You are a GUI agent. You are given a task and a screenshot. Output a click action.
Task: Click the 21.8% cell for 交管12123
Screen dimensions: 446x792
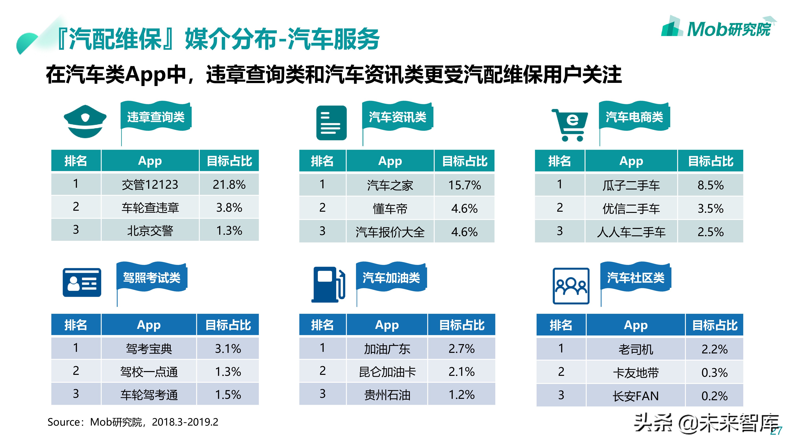pos(229,184)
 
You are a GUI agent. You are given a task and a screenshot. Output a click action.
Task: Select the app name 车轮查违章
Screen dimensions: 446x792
pos(150,208)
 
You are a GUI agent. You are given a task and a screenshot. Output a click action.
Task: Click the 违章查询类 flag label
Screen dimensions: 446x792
pos(156,117)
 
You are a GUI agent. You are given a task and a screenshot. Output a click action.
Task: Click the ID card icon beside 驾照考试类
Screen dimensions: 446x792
pos(82,282)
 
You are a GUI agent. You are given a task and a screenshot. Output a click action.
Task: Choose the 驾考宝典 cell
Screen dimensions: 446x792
pos(149,349)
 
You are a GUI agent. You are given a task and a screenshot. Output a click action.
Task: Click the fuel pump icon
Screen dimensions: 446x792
pos(328,284)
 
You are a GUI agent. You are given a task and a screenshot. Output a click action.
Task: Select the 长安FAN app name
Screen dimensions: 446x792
pos(636,396)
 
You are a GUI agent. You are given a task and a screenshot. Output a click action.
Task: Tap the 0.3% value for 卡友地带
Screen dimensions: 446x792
pos(714,373)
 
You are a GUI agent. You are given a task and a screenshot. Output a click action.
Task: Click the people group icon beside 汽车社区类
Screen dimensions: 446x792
pos(571,286)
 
